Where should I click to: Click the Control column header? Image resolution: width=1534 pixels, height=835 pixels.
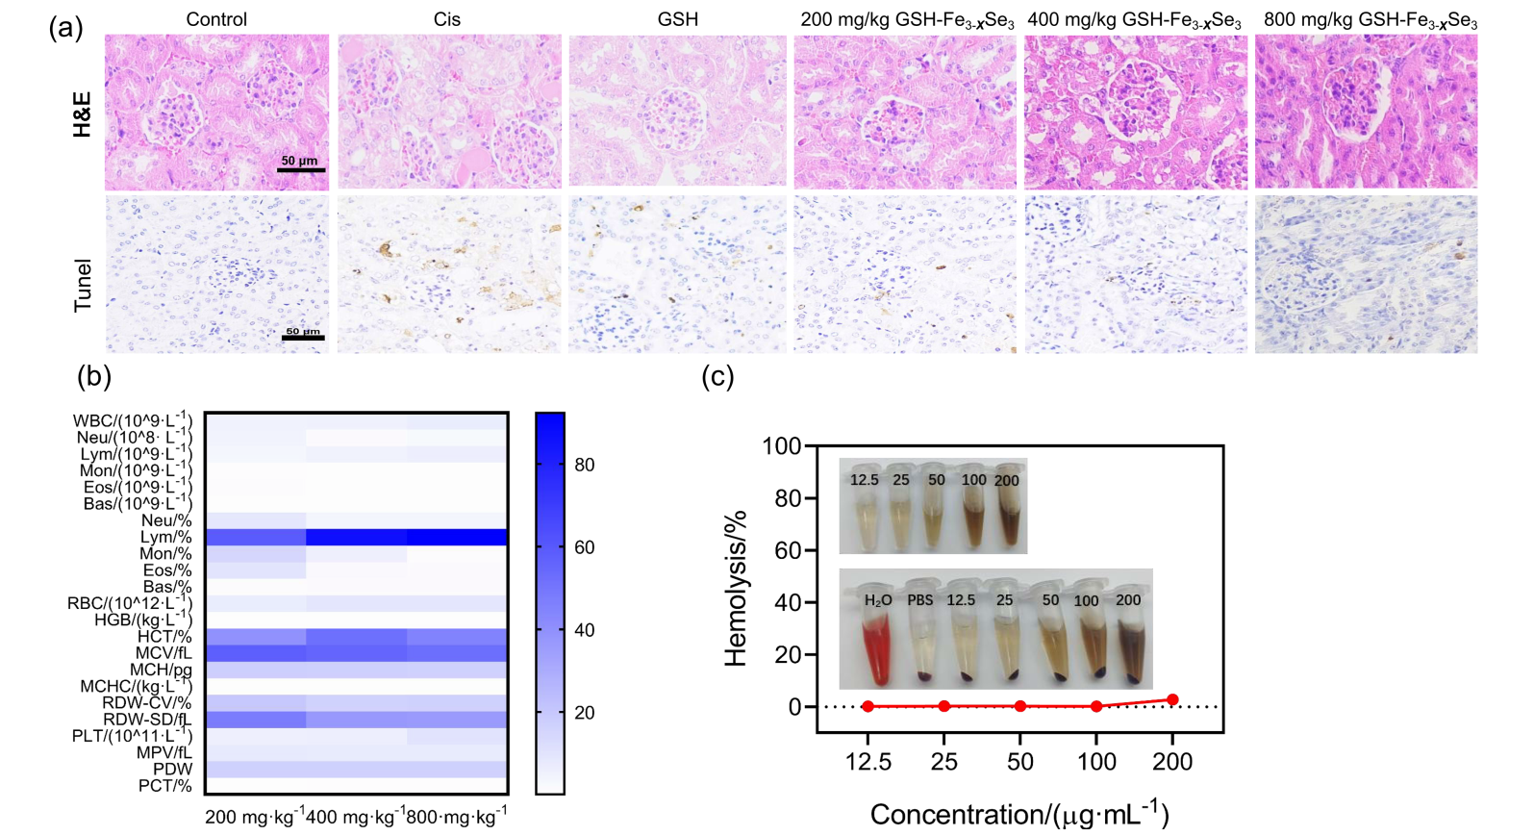point(216,19)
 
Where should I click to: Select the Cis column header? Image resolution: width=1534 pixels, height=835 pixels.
point(447,19)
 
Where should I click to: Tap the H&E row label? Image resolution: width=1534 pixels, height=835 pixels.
point(83,114)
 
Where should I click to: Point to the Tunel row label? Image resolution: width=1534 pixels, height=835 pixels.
point(84,285)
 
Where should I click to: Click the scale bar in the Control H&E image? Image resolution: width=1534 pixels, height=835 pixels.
point(301,170)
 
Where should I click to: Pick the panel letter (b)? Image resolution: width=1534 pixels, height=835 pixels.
point(94,376)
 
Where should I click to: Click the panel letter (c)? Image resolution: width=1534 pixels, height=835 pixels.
point(717,376)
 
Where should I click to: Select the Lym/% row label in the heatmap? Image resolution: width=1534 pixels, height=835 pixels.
point(166,537)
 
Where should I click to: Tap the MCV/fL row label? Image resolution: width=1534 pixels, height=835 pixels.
point(163,653)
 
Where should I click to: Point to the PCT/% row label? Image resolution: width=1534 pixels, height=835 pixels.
point(165,786)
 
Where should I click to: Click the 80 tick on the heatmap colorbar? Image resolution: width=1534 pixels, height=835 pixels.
point(584,465)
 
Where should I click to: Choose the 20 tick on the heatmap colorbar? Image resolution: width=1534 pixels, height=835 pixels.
point(584,713)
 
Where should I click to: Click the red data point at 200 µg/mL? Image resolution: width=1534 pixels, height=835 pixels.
point(1172,700)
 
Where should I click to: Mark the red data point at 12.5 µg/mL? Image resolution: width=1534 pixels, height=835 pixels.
point(868,706)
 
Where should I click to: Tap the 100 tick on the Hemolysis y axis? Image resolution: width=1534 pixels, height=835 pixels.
point(781,446)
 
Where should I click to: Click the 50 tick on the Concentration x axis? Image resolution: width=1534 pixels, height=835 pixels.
point(1020,762)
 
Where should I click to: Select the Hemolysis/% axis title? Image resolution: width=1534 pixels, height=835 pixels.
point(736,588)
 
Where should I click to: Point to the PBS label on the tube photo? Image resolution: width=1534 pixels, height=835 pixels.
point(920,600)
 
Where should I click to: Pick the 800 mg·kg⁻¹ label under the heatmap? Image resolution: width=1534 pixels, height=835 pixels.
point(456,817)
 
